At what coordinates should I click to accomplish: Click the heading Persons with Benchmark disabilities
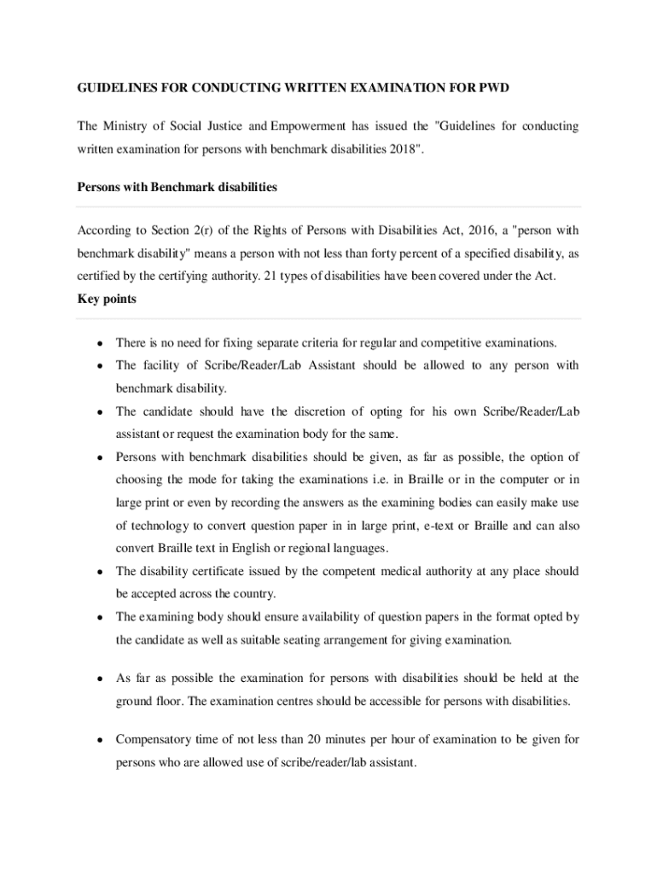pyautogui.click(x=177, y=186)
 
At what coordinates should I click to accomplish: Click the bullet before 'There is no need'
pyautogui.click(x=100, y=343)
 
